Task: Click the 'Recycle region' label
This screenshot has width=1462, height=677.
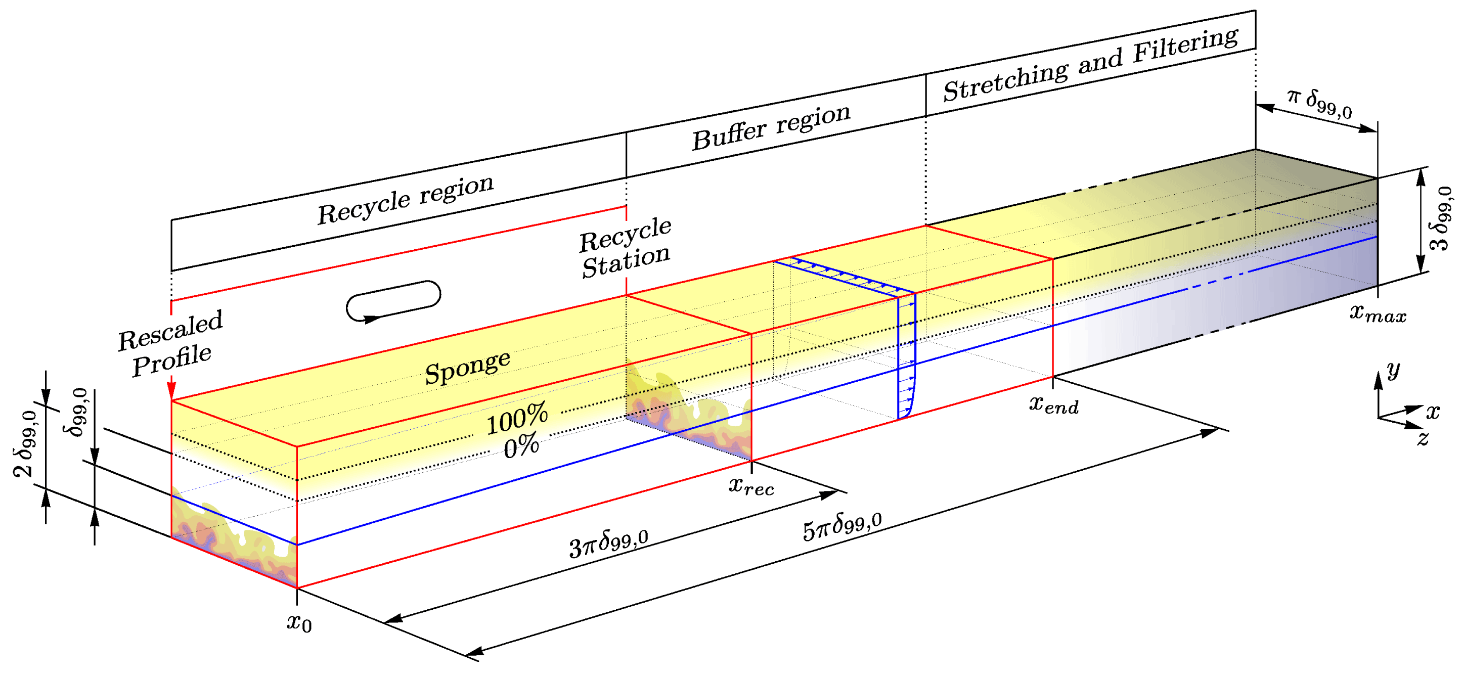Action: (x=405, y=199)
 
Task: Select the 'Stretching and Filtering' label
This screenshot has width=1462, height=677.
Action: (x=1090, y=65)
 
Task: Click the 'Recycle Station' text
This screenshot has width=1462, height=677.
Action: (x=626, y=247)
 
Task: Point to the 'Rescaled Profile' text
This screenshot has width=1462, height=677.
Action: (x=170, y=343)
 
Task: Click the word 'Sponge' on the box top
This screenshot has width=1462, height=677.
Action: (x=468, y=368)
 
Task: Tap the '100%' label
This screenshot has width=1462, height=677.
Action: (x=517, y=418)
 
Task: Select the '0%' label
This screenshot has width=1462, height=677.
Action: (x=521, y=446)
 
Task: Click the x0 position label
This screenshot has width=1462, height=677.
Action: (x=299, y=622)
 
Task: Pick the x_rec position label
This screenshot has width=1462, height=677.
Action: (x=751, y=486)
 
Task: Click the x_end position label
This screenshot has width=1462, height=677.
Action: (x=1054, y=404)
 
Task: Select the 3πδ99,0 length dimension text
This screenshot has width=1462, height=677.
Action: (x=608, y=544)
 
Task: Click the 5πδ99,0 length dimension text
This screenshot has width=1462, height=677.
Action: (x=842, y=526)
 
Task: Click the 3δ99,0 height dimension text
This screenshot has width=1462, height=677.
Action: (x=1440, y=218)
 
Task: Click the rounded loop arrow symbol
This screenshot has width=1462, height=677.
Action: (x=393, y=301)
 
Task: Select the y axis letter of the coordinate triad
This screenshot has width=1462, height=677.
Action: (x=1393, y=371)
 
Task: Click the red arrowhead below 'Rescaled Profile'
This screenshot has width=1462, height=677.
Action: (x=171, y=391)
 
